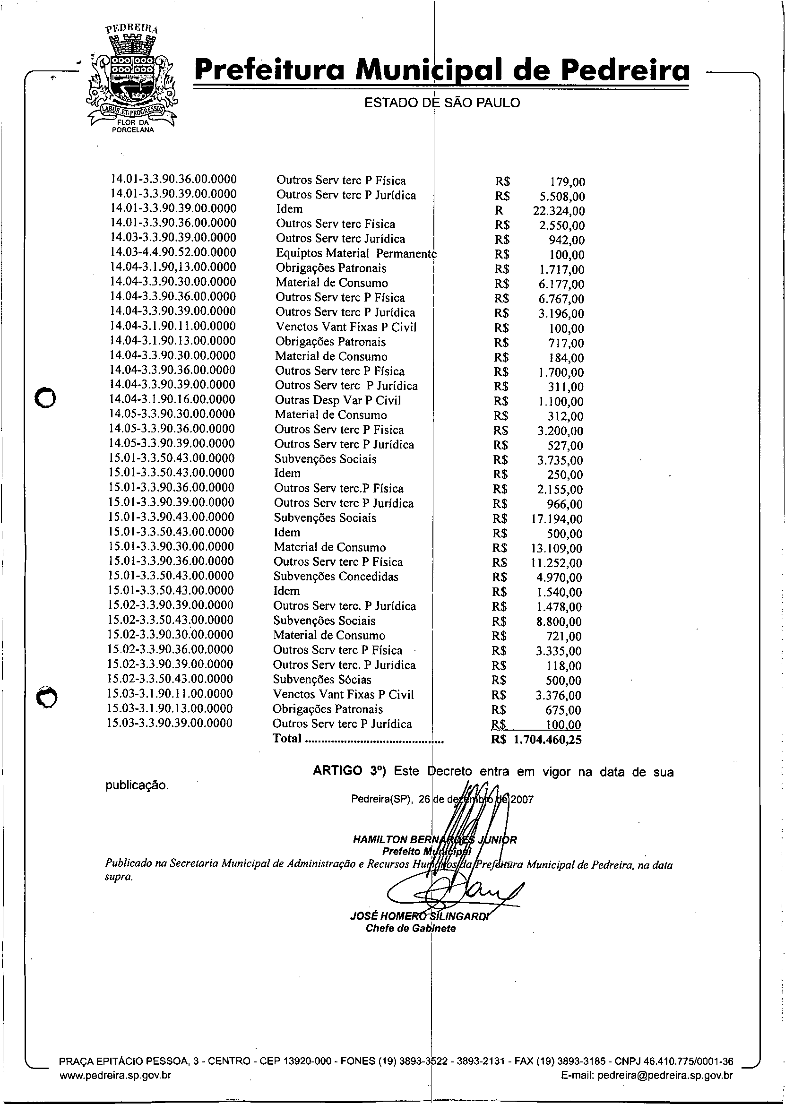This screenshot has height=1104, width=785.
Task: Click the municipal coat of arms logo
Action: pyautogui.click(x=131, y=80)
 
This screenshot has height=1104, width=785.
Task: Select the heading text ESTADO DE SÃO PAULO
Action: pyautogui.click(x=442, y=103)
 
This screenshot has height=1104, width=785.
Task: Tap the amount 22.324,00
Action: pyautogui.click(x=558, y=211)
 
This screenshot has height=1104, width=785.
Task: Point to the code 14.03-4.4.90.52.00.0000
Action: pyautogui.click(x=173, y=252)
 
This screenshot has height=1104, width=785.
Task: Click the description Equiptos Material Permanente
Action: pyautogui.click(x=356, y=253)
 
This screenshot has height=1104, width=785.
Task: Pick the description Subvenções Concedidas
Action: pyautogui.click(x=336, y=577)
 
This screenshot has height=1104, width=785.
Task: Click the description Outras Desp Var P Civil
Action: pyautogui.click(x=338, y=400)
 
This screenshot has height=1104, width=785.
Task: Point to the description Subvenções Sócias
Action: pyautogui.click(x=322, y=680)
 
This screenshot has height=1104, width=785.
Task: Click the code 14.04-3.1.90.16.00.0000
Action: pyautogui.click(x=173, y=399)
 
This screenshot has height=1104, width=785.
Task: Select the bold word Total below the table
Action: pyautogui.click(x=287, y=738)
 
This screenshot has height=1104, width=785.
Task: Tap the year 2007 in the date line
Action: pyautogui.click(x=522, y=800)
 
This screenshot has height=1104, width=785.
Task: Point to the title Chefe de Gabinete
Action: pyautogui.click(x=410, y=928)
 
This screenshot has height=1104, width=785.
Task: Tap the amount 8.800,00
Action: pyautogui.click(x=559, y=622)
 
